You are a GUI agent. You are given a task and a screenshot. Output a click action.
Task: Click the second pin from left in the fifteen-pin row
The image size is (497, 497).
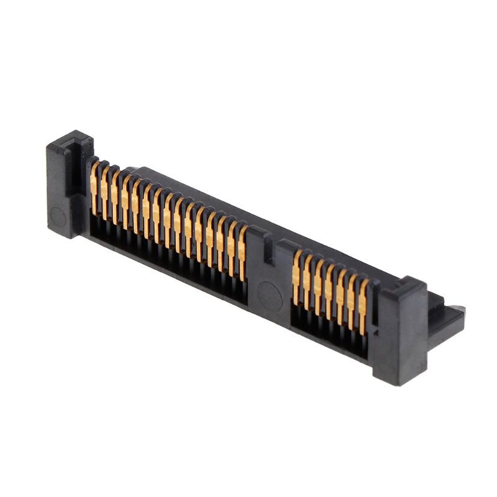coord(104,190)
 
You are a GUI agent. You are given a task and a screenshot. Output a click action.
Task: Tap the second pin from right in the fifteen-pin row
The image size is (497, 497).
coord(231,246)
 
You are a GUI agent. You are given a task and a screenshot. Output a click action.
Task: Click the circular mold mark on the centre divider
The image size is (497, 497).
coord(270,294)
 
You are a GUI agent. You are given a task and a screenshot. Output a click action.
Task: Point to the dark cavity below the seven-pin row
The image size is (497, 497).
coord(329,335)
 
